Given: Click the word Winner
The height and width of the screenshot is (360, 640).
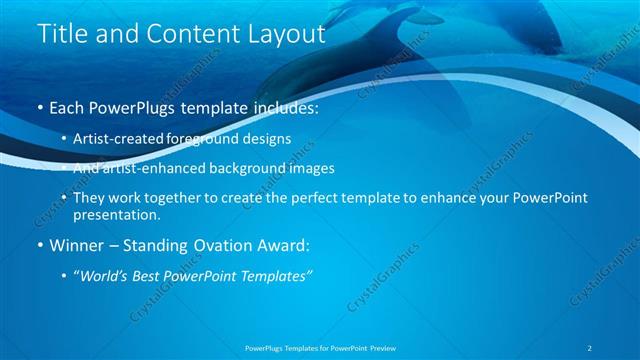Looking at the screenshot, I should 74,245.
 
